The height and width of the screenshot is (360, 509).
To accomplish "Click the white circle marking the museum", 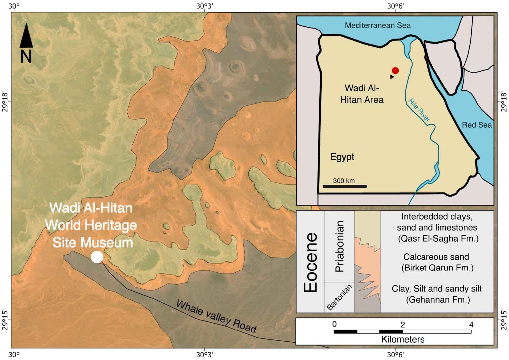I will (x=97, y=257).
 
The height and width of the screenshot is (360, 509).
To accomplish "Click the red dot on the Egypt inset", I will (x=395, y=70).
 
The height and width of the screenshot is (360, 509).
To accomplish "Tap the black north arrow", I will (x=26, y=35).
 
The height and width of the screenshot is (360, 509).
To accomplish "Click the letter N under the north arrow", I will (x=26, y=56).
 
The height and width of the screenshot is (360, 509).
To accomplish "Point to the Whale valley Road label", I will (x=216, y=316).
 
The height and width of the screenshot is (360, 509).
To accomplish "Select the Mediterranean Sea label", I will (x=377, y=25).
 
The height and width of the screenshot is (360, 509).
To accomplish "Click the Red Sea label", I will (x=477, y=125).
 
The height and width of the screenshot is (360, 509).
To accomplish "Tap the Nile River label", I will (x=419, y=110).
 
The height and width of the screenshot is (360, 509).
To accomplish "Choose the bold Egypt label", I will (x=342, y=157).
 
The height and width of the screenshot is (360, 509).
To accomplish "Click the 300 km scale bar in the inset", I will (x=345, y=186).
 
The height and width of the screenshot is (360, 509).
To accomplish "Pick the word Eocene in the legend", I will (x=311, y=262).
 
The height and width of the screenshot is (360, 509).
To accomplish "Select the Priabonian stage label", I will (x=340, y=246).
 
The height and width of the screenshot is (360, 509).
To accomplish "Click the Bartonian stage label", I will (x=339, y=297).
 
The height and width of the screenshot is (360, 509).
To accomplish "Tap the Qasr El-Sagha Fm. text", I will (x=438, y=239).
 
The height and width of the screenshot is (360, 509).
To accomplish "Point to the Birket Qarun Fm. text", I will (x=437, y=268).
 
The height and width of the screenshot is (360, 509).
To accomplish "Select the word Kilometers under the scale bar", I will (x=403, y=339).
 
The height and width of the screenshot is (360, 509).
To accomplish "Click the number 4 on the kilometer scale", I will (x=471, y=324).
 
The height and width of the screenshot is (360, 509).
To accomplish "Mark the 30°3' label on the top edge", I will (x=204, y=6).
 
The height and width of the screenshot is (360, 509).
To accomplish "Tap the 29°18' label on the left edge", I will (x=6, y=102).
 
